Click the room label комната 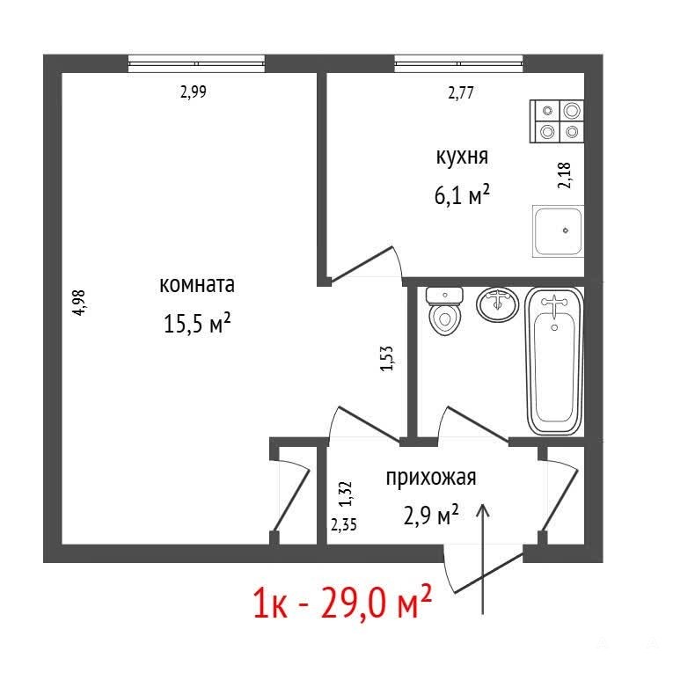pos(197,284)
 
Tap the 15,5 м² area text pos(197,323)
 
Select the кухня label pos(462,157)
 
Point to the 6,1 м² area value pos(462,195)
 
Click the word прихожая pos(431,478)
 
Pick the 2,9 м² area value pos(431,515)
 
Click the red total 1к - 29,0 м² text pos(342,602)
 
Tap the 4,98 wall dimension pos(79,303)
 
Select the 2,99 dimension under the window pos(194,91)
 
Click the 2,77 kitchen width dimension pos(460,92)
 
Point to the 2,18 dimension pos(565,175)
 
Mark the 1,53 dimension pos(387,358)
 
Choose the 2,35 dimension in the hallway pos(343,524)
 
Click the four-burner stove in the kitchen pos(557,121)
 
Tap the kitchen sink pos(558,231)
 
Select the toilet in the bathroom pos(444,311)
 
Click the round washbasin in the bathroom pos(497,304)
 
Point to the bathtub pos(554,362)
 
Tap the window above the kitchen pos(458,63)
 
